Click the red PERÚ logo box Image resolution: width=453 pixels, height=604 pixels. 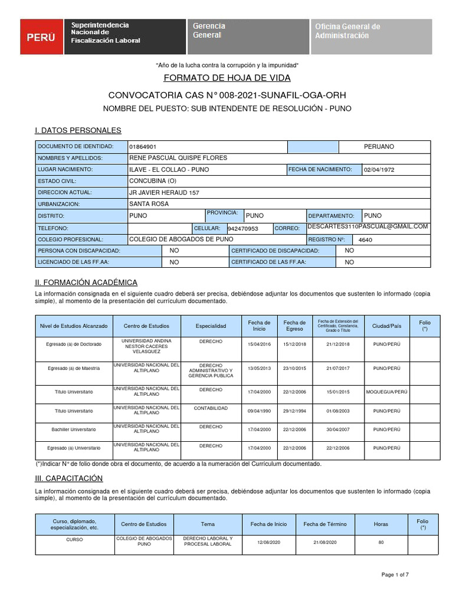42,37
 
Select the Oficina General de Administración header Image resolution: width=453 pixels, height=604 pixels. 376,37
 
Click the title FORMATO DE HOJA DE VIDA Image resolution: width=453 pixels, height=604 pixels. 226,78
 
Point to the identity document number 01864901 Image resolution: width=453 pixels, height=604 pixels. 143,146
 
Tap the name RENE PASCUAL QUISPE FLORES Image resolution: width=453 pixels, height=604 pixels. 178,158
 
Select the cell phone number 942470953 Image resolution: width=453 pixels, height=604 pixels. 242,228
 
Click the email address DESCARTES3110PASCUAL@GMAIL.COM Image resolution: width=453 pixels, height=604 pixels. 367,226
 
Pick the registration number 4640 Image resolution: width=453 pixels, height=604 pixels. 365,240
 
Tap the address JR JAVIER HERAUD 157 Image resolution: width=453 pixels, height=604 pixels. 164,193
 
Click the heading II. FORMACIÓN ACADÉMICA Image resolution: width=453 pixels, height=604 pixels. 86,283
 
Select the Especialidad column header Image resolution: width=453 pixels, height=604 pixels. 211,326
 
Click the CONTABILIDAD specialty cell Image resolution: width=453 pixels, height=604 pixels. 211,408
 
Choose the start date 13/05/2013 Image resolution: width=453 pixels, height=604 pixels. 258,368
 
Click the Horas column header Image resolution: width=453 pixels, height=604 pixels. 381,524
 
